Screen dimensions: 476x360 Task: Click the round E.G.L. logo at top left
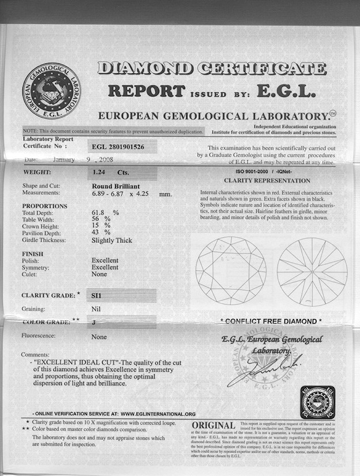52,92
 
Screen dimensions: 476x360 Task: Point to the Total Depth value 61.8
100,212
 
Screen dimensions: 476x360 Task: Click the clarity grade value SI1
97,295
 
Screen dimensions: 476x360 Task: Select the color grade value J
94,323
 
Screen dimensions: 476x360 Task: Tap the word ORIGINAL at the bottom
213,426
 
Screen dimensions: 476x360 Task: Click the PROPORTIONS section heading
44,206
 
